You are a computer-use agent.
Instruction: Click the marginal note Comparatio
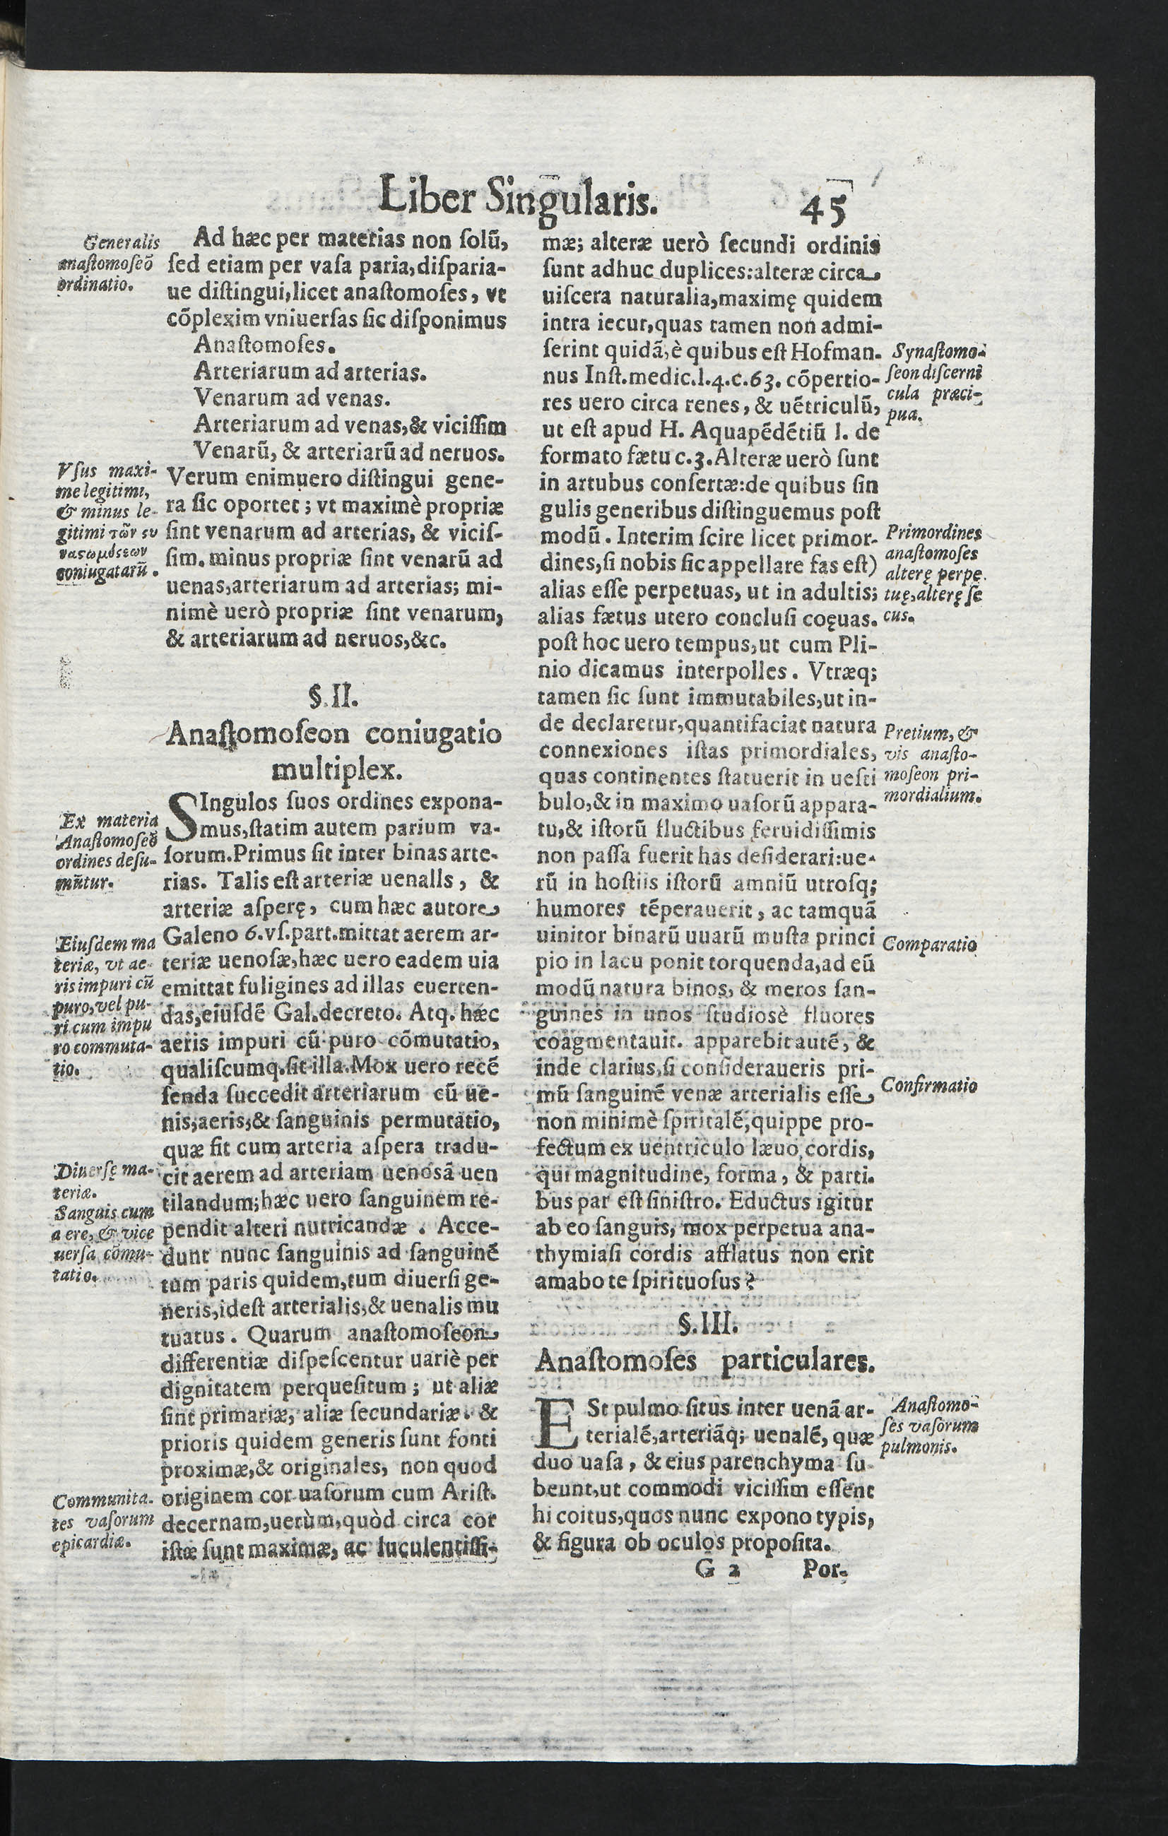pos(928,944)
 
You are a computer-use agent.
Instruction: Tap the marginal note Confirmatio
pos(928,1086)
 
